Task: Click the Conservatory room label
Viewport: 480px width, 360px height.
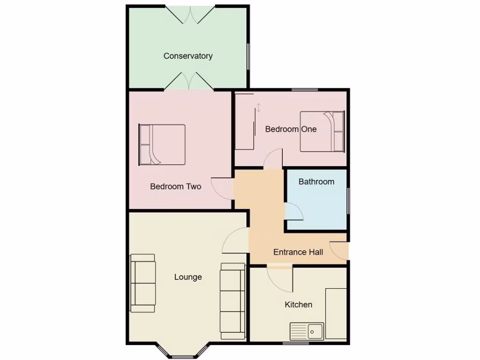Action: click(x=188, y=56)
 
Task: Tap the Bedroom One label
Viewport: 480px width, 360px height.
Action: click(x=291, y=129)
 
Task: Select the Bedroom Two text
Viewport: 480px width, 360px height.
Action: click(x=175, y=186)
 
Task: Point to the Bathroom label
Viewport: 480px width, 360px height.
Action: click(x=316, y=181)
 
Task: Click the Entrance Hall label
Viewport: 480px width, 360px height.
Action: click(x=298, y=252)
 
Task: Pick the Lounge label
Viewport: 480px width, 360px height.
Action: click(x=188, y=277)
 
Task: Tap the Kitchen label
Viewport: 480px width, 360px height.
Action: click(x=299, y=304)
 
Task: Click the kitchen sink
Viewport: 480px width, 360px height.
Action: click(x=307, y=331)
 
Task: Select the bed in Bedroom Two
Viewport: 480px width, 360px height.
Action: click(x=162, y=144)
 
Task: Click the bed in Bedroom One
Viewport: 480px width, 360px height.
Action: click(x=322, y=131)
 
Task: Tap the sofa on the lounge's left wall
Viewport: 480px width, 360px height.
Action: click(x=142, y=283)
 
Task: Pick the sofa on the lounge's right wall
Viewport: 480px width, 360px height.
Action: click(x=232, y=300)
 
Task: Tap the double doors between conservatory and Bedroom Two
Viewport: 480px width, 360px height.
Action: click(x=189, y=81)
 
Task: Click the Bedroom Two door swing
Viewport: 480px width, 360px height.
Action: click(x=222, y=188)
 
